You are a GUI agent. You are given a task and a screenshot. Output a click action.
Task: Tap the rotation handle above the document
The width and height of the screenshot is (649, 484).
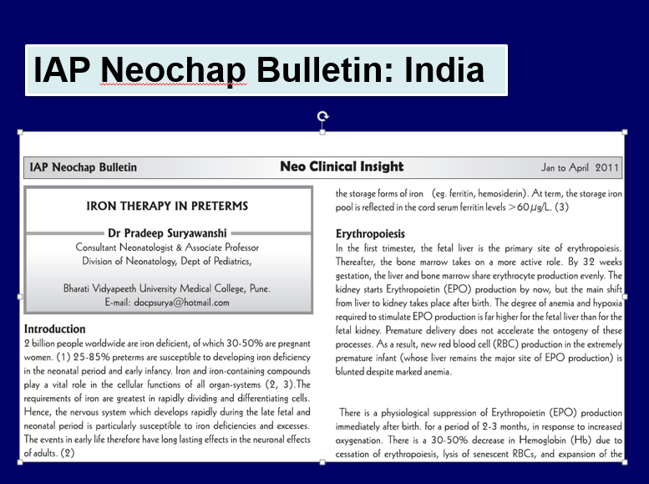[323, 117]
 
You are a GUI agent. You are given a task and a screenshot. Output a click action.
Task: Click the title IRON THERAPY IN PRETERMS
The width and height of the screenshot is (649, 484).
[168, 206]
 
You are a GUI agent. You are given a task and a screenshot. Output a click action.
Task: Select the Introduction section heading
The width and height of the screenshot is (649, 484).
[55, 329]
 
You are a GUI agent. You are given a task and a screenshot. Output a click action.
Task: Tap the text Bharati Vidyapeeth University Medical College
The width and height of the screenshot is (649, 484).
[168, 288]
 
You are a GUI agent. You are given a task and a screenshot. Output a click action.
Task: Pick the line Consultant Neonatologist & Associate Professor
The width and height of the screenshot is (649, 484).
[168, 247]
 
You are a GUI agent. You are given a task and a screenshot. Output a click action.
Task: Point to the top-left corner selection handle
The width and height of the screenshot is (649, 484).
[20, 132]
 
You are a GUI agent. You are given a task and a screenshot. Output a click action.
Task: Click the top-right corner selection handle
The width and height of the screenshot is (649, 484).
[625, 132]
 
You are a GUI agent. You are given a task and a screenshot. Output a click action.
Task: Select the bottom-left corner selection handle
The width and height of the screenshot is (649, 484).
[20, 461]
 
